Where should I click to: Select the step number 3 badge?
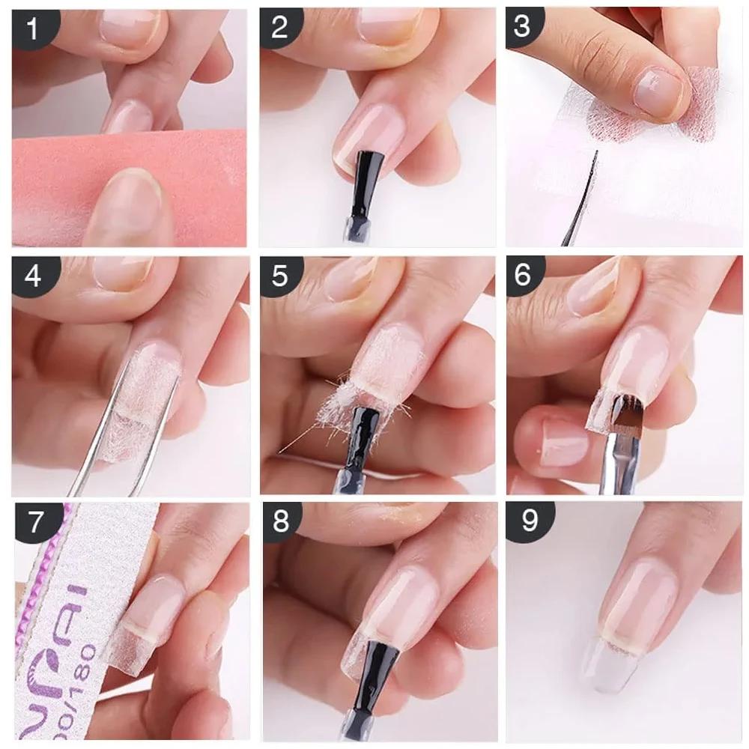[522, 26]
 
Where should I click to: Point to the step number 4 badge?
[31, 276]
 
